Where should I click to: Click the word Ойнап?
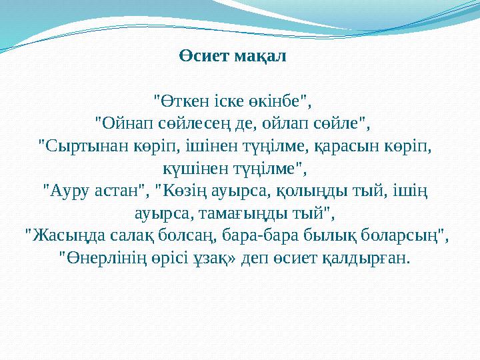123,124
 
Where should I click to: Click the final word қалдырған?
369,257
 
